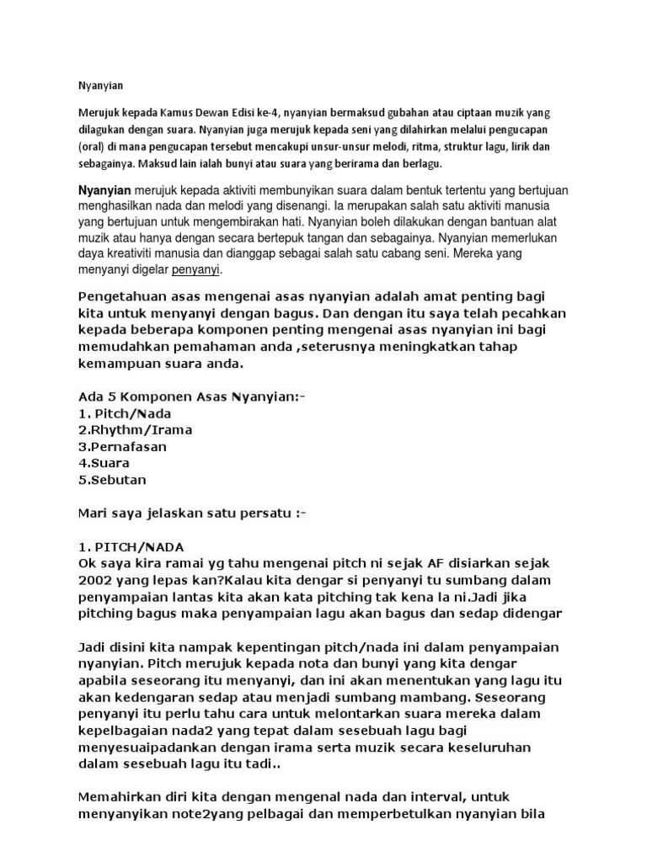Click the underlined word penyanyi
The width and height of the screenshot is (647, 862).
click(195, 270)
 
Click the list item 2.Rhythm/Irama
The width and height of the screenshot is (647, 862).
click(135, 429)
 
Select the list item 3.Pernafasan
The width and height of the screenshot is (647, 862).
click(122, 446)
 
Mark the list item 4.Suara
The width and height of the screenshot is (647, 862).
click(104, 463)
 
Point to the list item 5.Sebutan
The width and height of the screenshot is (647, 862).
click(112, 480)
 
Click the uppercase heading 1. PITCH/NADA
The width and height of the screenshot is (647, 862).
click(131, 545)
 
